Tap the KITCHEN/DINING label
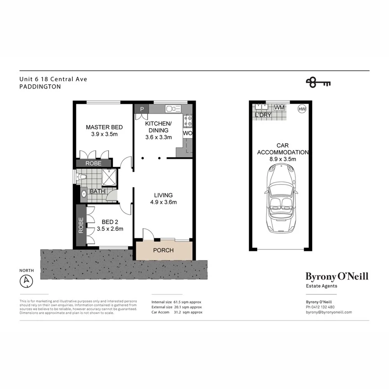tap(158, 127)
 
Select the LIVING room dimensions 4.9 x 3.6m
tap(163, 202)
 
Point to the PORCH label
tap(163, 250)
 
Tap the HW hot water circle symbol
tap(302, 109)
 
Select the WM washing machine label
tap(280, 108)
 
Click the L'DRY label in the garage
tap(263, 115)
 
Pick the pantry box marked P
tap(142, 109)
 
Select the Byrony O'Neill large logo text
tap(337, 276)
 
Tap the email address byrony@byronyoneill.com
tap(328, 312)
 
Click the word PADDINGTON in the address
tap(40, 87)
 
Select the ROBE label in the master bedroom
tap(93, 163)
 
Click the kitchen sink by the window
tap(172, 109)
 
